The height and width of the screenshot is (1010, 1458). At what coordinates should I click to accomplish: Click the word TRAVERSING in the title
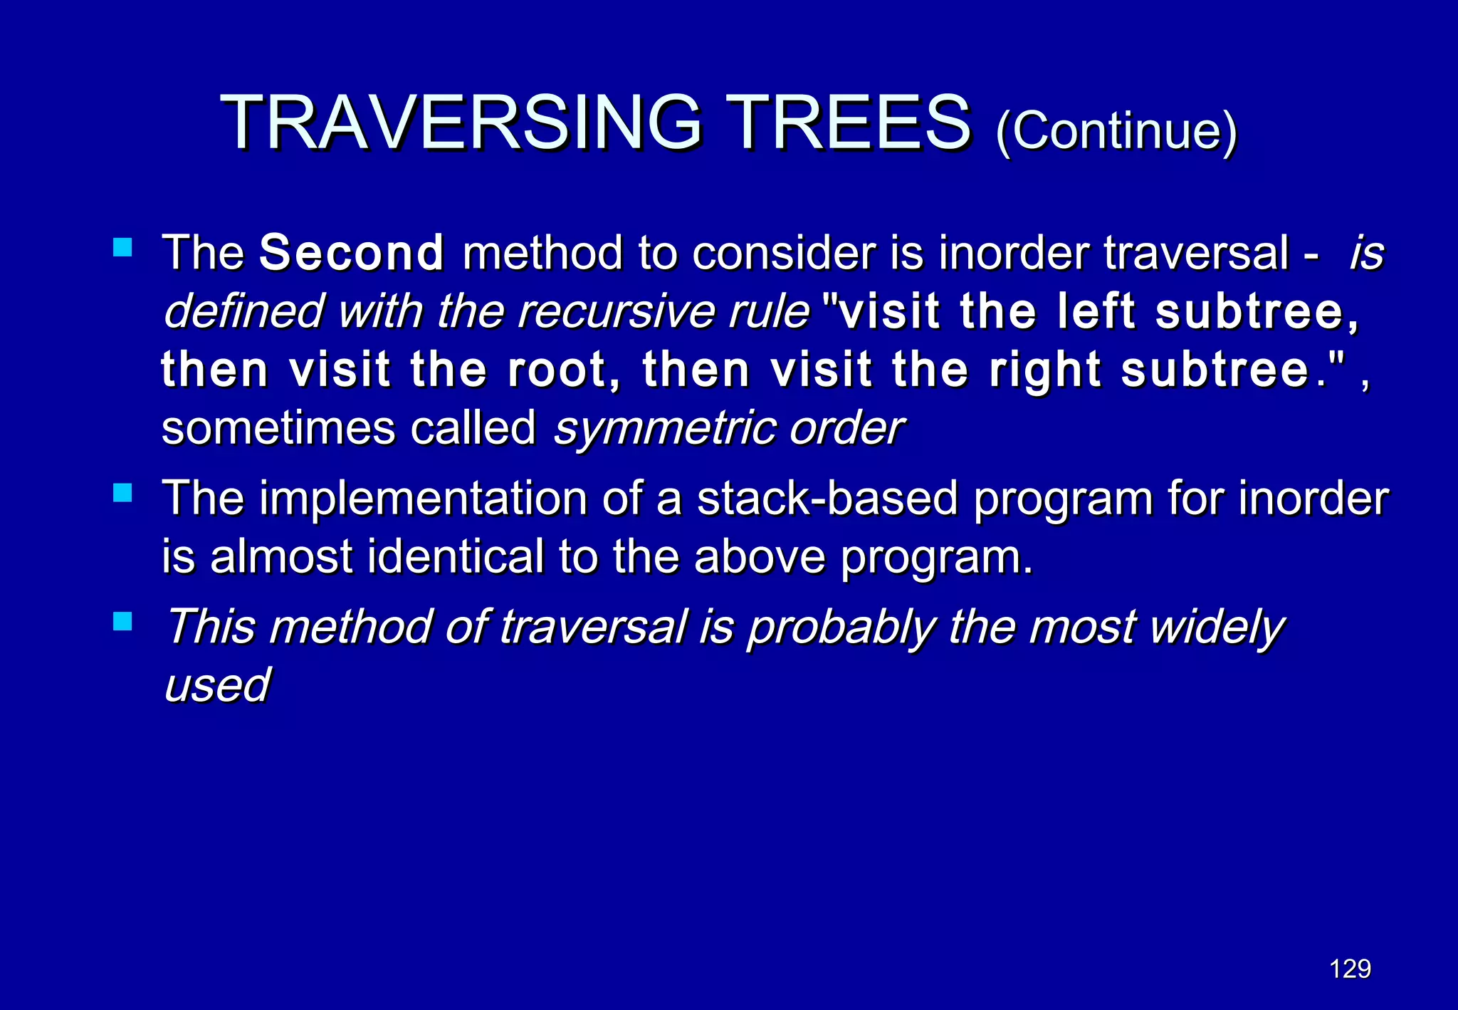[x=461, y=123]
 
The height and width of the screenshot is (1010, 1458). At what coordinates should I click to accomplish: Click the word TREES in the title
[x=851, y=123]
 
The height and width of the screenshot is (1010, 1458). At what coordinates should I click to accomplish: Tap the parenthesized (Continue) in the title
[x=1116, y=131]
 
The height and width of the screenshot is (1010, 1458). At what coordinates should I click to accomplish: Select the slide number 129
[x=1350, y=969]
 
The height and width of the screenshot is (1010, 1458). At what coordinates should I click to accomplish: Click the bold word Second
[x=352, y=253]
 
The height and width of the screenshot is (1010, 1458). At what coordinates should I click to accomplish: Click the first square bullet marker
[x=123, y=247]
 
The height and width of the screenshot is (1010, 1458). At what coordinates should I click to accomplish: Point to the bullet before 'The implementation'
[x=123, y=493]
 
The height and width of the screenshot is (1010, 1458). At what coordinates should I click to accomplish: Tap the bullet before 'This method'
[x=123, y=622]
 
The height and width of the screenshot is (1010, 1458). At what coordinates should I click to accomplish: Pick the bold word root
[x=562, y=370]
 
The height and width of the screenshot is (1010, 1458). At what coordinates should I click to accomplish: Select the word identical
[x=455, y=556]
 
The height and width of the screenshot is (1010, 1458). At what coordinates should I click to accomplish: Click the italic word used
[x=217, y=686]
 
